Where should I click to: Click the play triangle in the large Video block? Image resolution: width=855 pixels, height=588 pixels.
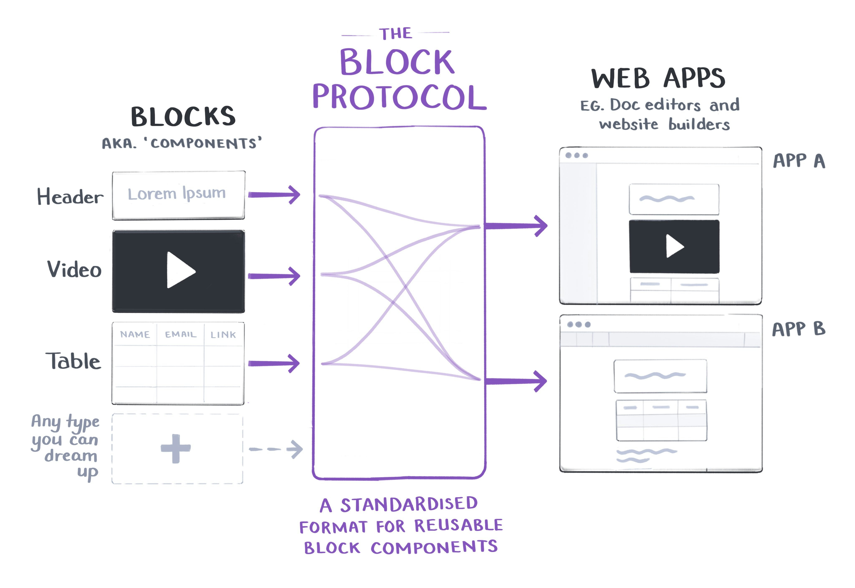[180, 270]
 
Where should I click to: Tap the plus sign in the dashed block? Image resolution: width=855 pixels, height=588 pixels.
[176, 448]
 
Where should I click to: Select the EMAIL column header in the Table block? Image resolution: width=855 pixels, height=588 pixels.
[180, 334]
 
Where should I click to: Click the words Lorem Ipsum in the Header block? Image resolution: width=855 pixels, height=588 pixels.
[177, 193]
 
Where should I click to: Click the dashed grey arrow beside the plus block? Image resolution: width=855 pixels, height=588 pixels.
[276, 449]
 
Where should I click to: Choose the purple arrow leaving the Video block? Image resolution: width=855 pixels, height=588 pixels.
[274, 276]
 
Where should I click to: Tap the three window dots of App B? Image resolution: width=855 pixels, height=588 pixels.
[578, 324]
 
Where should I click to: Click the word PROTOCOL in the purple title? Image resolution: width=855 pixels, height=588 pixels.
[399, 97]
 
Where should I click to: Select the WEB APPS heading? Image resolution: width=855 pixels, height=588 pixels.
[658, 78]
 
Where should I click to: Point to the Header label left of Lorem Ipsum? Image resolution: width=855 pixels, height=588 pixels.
[70, 196]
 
